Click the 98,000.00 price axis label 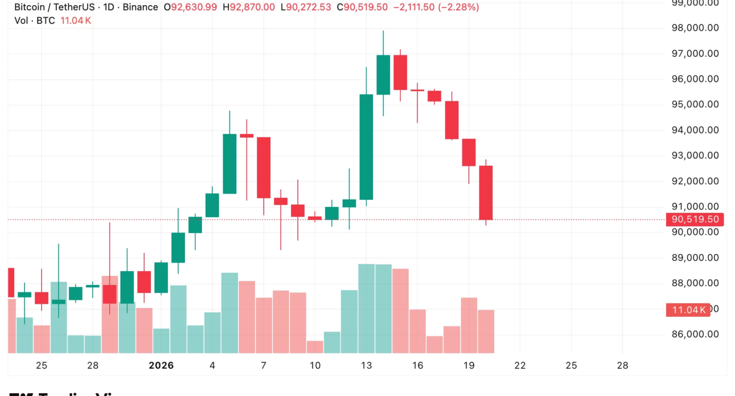point(695,28)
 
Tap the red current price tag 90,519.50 point(695,219)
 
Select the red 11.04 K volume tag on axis point(687,309)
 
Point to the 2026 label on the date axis point(161,365)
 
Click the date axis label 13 point(366,365)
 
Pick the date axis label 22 point(520,365)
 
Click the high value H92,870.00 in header point(249,7)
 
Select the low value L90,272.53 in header point(306,7)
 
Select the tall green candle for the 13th point(366,147)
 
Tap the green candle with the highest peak point(383,75)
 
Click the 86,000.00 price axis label point(695,334)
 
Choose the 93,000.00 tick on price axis point(695,156)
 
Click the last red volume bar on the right point(486,332)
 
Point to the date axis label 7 point(263,365)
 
